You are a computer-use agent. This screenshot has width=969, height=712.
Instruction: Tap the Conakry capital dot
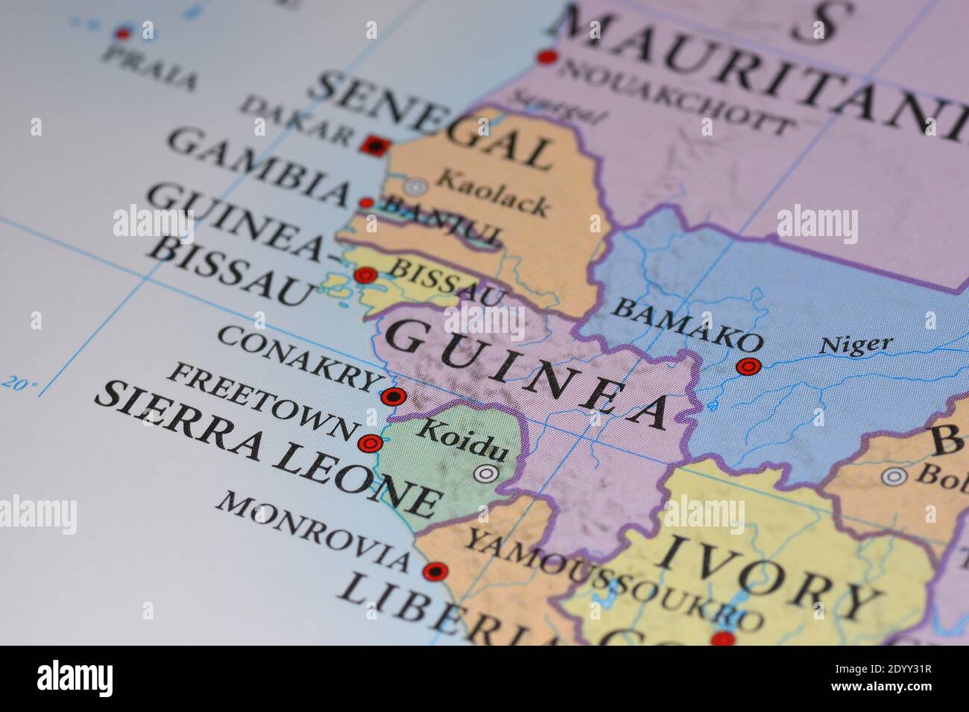point(393,396)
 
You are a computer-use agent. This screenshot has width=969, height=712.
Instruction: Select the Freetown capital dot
point(370,444)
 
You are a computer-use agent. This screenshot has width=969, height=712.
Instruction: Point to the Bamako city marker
point(748,366)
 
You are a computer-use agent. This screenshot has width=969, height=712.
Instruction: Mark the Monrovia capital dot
point(435,572)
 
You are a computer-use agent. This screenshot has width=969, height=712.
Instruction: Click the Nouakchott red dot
point(548,57)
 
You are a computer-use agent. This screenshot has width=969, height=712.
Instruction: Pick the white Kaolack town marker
point(415,186)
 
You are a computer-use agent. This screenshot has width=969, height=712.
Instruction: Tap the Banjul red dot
point(366,203)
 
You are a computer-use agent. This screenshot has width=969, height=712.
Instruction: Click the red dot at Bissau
point(364,276)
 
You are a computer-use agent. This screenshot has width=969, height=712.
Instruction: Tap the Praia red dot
point(123,33)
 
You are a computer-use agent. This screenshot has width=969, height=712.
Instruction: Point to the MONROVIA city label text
point(313,530)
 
